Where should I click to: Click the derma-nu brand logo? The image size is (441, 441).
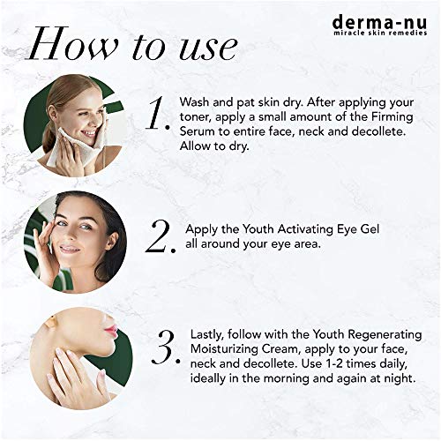click(380, 26)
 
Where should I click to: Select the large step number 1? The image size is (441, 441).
click(158, 114)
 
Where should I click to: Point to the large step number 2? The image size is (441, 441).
click(161, 237)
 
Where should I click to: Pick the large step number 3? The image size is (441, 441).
click(165, 347)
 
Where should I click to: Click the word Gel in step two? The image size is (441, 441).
click(370, 229)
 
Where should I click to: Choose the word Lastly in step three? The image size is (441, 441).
click(207, 335)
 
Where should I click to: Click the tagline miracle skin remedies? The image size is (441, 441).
click(380, 33)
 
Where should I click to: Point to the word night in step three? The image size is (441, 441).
click(400, 378)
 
